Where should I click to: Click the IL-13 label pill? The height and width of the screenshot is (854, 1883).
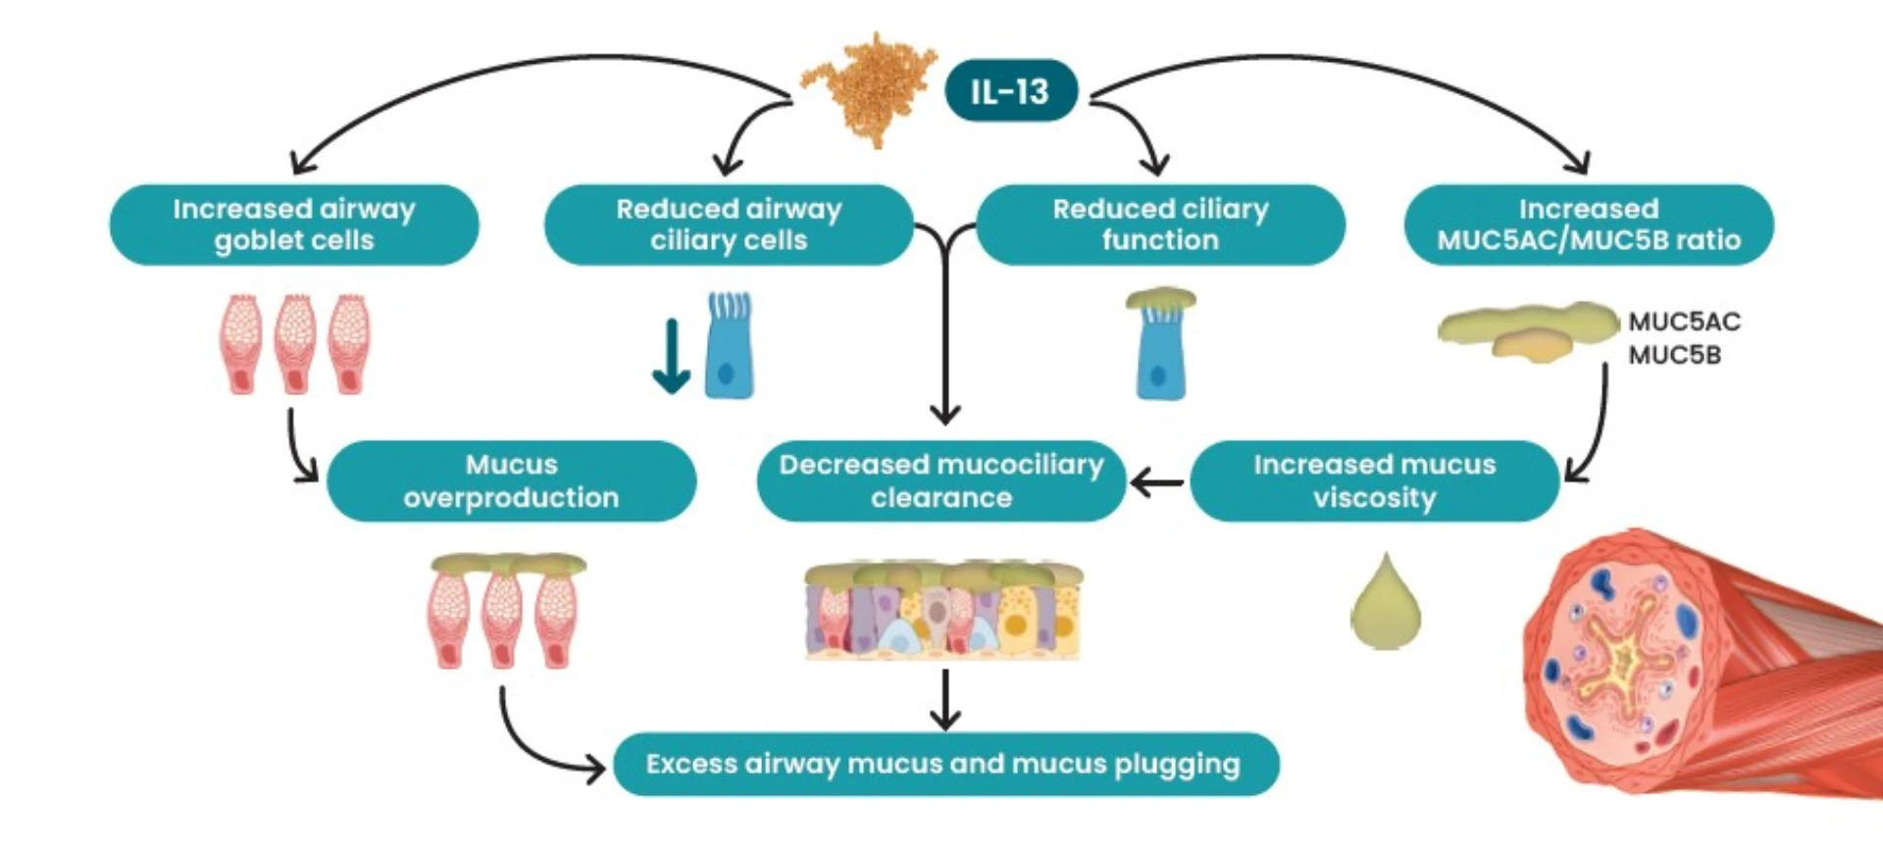coord(1010,91)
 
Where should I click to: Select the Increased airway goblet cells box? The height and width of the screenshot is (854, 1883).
coord(294,225)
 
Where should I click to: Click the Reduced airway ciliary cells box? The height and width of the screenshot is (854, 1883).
coord(729,225)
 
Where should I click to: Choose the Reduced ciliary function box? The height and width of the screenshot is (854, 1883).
coord(1160,225)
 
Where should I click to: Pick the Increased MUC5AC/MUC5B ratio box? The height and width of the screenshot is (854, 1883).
coord(1589,225)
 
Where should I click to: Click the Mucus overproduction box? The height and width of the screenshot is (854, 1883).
coord(511,480)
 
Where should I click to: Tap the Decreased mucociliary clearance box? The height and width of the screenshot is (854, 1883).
coord(941,480)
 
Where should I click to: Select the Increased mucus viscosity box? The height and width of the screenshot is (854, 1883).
coord(1374,480)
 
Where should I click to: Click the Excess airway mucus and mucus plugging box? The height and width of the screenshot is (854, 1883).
coord(945,764)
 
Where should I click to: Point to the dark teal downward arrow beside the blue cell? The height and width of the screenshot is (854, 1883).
coord(672,355)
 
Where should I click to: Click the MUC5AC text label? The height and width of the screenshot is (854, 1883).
coord(1684,322)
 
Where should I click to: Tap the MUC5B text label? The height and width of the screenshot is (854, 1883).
coord(1674,355)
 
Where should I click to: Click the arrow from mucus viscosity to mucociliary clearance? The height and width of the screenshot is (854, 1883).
coord(1157,482)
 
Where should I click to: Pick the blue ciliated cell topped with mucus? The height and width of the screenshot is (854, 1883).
coord(1160,345)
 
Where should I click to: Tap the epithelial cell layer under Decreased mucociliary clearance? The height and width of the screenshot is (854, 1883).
coord(942,610)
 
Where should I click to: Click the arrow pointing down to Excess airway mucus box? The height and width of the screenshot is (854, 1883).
coord(944,700)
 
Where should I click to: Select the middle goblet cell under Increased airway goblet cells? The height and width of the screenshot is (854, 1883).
coord(294,344)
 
